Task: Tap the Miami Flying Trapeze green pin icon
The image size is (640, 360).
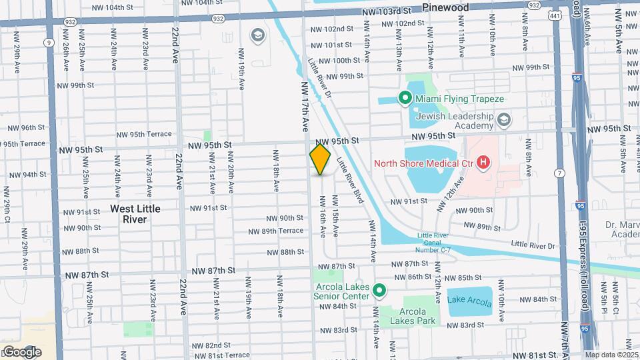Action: pos(404,99)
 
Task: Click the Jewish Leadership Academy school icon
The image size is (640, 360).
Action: pos(505,120)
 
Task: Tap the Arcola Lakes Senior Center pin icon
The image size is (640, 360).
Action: pos(379,290)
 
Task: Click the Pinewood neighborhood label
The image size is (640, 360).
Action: pos(445,7)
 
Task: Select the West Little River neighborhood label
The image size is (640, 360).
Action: pos(135,213)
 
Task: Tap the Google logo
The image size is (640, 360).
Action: pos(21,351)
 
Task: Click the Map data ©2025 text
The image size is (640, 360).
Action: pos(611,355)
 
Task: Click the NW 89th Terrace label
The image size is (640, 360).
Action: pos(276,231)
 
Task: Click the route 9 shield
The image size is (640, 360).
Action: pos(48,42)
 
